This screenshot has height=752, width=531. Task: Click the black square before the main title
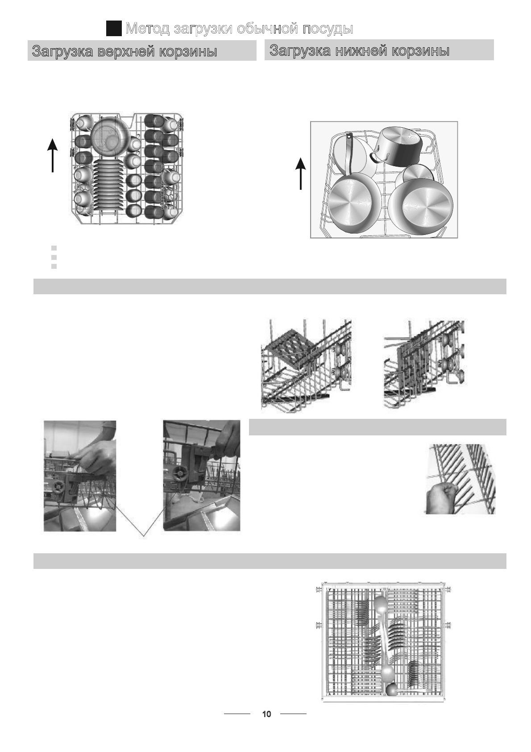(114, 28)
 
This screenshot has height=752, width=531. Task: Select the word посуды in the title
(328, 29)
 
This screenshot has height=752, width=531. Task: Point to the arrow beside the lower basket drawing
(301, 174)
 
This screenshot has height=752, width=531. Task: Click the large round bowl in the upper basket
(110, 135)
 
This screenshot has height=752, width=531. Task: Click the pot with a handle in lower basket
(398, 146)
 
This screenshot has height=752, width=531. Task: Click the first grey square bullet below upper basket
(54, 248)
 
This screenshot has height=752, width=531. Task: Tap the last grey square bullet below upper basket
(54, 266)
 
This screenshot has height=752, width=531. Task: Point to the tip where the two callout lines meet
(144, 536)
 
